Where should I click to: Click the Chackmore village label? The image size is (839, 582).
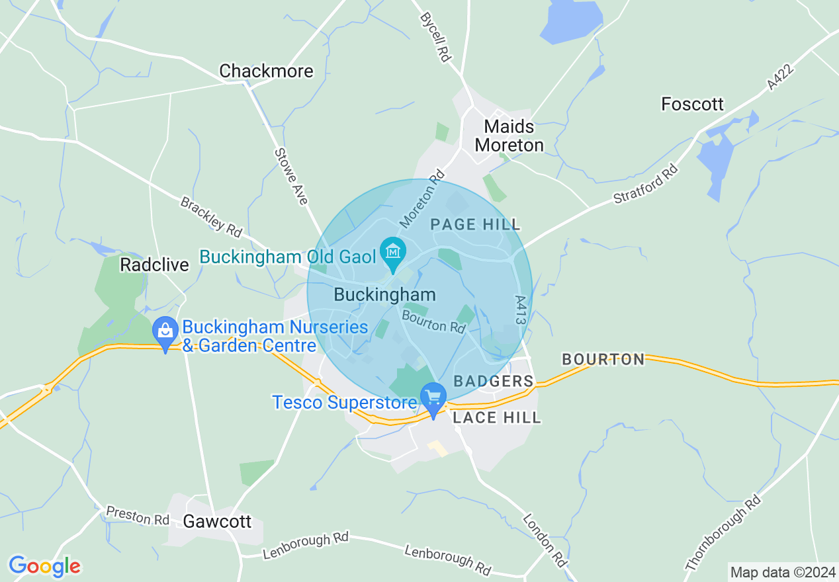point(266,71)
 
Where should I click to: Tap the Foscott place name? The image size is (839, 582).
point(692,104)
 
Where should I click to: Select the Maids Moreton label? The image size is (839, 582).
point(509,135)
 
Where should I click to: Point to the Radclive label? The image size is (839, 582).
point(154,265)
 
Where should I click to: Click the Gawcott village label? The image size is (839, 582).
point(217,521)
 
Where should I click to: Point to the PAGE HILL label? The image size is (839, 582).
point(475,225)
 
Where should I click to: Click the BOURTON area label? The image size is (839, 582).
point(603,359)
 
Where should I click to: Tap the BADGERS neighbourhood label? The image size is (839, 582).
point(493,381)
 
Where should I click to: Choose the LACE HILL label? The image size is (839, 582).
point(496,417)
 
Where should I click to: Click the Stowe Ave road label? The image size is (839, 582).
point(292,177)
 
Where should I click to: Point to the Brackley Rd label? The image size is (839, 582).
point(211,217)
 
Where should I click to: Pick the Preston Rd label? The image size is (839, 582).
point(138,516)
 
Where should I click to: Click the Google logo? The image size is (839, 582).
point(44,566)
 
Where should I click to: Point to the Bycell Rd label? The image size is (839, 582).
point(435,37)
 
